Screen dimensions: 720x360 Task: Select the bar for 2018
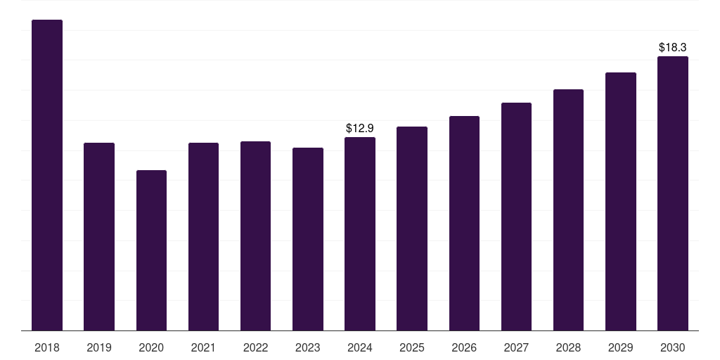47,175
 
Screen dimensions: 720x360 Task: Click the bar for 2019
99,236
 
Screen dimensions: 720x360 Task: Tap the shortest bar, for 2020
152,250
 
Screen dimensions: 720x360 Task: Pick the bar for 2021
203,236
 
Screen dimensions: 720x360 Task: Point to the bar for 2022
255,236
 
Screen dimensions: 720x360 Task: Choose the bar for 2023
308,239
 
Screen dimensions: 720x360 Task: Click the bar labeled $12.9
360,233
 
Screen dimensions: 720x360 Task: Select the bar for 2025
412,229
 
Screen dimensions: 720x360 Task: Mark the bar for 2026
464,223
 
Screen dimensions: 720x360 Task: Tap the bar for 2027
516,217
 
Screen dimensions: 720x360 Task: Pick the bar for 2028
568,210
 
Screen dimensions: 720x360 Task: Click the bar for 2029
621,202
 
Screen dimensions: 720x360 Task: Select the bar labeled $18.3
673,193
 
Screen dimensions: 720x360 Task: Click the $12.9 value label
360,128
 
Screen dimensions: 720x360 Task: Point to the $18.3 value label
673,47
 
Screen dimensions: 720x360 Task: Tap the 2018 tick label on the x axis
47,347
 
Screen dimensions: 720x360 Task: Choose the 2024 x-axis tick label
360,347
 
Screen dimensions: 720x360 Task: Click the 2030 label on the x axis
673,347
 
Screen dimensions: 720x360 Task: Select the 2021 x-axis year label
203,347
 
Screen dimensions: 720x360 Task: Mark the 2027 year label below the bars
516,347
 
